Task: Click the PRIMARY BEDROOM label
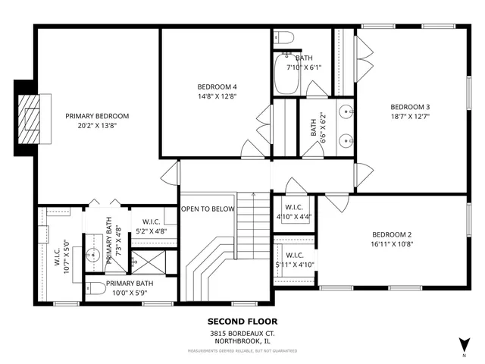point(96,116)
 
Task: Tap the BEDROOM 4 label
point(217,86)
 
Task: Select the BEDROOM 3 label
point(410,106)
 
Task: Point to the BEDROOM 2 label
point(392,234)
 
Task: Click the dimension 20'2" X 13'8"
point(96,126)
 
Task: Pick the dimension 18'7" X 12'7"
point(410,117)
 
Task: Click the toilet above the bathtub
point(285,38)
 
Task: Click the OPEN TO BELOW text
point(207,207)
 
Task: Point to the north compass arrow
point(463,344)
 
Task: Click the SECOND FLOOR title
point(242,321)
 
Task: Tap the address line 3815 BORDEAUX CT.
point(242,333)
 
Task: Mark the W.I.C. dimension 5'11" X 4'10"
point(294,265)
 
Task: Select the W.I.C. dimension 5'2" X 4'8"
point(152,231)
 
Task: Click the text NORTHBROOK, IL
point(242,341)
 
